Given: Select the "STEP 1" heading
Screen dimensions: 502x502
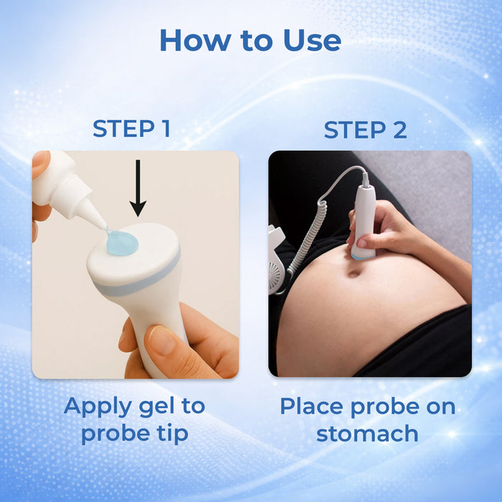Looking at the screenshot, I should [131, 129].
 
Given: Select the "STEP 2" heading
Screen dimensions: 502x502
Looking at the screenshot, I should [365, 130].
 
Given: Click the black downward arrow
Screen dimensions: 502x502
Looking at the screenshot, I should [138, 187].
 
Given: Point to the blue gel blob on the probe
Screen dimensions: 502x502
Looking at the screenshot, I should [122, 243].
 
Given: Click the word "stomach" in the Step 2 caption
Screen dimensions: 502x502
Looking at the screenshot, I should [367, 433].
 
